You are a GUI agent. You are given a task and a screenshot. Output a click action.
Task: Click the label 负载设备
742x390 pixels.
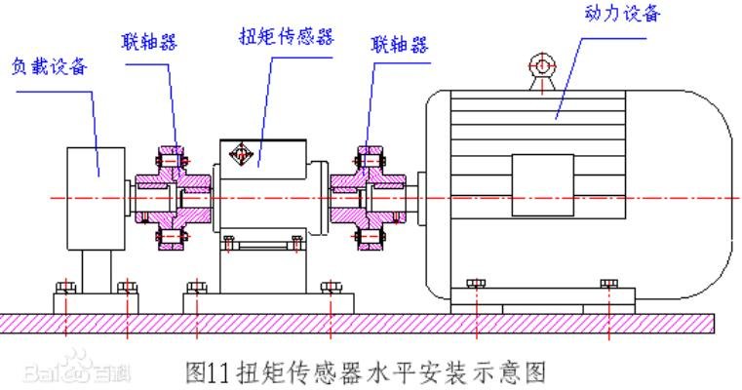(x=50, y=66)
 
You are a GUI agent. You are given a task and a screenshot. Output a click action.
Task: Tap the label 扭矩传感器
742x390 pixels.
(x=287, y=36)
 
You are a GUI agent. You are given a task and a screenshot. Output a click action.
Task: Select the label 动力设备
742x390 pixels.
(x=622, y=13)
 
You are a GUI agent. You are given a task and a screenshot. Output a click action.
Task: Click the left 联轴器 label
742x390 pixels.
(x=149, y=41)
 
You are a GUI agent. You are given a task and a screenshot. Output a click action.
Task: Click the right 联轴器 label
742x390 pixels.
(x=400, y=45)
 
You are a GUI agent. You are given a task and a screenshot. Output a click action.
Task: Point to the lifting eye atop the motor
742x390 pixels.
(x=542, y=72)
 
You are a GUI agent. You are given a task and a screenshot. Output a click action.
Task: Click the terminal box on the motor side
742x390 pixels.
(x=543, y=185)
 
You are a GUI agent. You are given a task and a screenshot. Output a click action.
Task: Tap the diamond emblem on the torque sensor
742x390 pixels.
(x=240, y=153)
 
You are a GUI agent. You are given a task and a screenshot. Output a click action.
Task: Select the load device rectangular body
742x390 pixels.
(x=97, y=199)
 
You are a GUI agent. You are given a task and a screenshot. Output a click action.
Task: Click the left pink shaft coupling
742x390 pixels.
(x=173, y=198)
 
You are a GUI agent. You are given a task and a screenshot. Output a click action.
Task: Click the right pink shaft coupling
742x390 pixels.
(x=369, y=198)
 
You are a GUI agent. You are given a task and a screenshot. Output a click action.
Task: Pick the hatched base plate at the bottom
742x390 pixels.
(x=357, y=324)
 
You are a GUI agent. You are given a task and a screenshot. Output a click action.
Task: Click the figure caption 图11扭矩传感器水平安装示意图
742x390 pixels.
(x=366, y=372)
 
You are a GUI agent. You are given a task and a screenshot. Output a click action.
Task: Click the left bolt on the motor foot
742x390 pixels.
(x=476, y=284)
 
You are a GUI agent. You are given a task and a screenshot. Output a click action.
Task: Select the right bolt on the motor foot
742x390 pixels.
(x=608, y=284)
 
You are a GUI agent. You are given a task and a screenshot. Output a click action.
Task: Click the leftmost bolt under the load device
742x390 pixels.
(x=65, y=288)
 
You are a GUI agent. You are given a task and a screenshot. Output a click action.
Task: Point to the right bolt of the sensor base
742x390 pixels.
(x=331, y=288)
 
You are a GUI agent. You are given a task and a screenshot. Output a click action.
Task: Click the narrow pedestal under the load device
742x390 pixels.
(x=97, y=272)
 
